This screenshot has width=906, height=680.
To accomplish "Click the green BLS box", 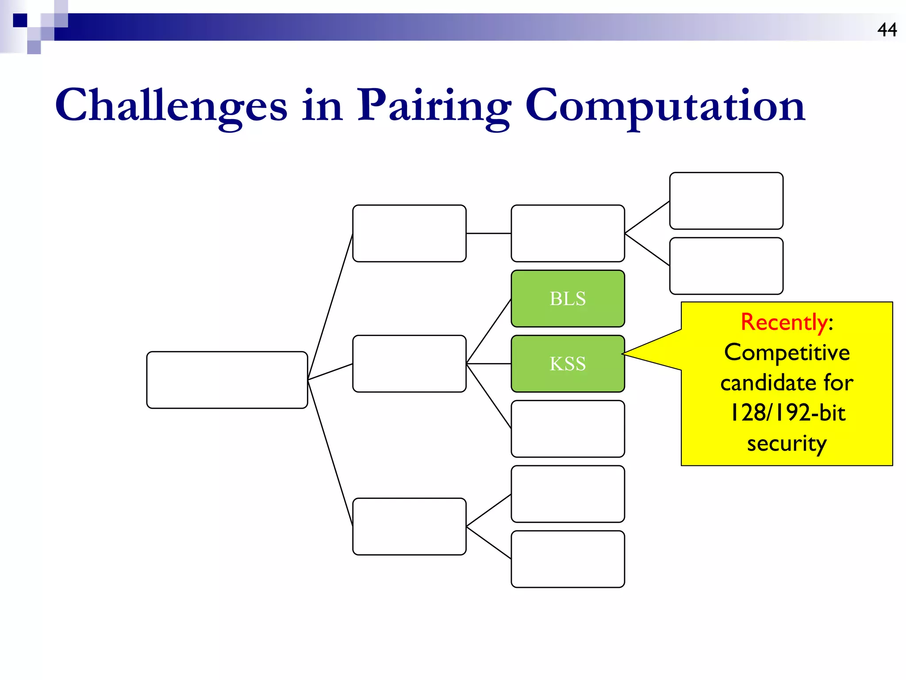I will click(568, 298).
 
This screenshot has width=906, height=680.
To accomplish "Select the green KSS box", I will click(568, 363).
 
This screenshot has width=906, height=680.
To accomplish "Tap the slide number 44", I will click(887, 30).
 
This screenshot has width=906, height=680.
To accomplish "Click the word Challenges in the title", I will click(171, 105).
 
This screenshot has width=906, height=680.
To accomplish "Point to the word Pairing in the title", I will click(434, 105).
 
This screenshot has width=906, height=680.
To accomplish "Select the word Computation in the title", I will click(665, 105).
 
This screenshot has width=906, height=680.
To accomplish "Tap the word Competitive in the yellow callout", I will click(787, 352).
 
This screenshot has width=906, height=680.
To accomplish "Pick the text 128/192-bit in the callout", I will click(787, 413).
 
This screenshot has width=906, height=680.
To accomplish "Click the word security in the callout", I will click(787, 443).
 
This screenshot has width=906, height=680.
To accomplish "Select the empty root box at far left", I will click(227, 380).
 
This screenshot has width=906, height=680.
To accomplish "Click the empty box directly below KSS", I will click(568, 429).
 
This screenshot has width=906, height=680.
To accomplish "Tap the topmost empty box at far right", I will click(726, 201).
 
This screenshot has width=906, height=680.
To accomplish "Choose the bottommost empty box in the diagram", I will click(568, 559).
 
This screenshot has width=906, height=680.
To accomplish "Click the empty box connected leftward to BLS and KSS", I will click(409, 363).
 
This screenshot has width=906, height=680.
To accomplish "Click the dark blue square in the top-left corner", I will click(20, 20).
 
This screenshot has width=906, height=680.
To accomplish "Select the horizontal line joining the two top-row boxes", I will click(488, 233).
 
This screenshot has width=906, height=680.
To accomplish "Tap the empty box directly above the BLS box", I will click(568, 233).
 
